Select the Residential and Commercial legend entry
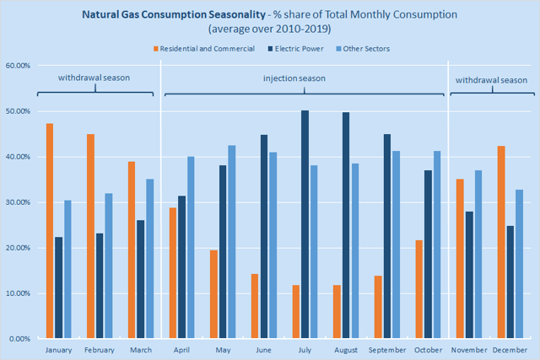point(207,48)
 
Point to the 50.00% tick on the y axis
point(19,111)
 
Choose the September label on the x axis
point(387,349)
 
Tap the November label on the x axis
point(470,349)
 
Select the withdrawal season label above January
point(94,78)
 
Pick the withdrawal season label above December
point(490,78)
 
